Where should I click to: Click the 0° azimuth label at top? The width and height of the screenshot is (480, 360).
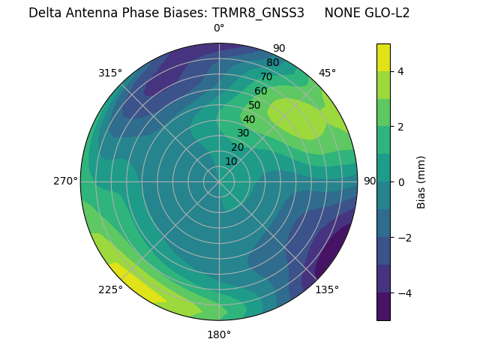coord(219,28)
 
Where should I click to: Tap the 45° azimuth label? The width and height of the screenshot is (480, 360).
coord(327,73)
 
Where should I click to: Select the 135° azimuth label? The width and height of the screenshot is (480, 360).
coord(327,289)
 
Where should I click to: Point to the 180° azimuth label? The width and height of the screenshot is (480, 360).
coord(219,334)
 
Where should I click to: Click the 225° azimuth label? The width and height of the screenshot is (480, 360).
coord(110,289)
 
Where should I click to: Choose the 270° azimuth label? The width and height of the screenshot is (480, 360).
coord(66,181)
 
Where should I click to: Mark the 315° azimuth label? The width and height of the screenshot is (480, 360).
coord(110,73)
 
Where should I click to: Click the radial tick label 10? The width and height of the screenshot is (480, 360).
coord(231,161)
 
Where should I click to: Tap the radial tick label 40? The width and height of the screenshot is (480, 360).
coord(249,119)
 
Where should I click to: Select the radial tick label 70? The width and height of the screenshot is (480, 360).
coord(267,76)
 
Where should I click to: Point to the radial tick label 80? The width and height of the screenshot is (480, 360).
coord(273,62)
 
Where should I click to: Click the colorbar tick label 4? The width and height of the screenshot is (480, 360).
coord(401,72)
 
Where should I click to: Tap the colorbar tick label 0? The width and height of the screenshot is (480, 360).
coord(401,182)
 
